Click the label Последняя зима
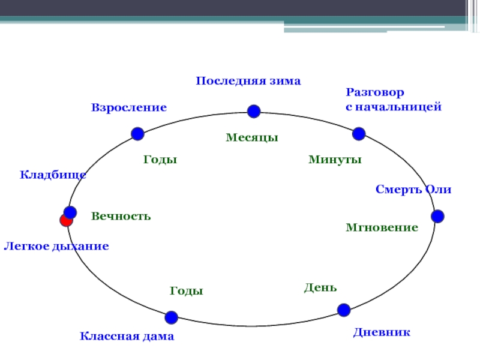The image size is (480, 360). pos(248,80)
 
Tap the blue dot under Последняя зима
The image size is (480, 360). pos(253,111)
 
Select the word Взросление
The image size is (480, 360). pos(128,107)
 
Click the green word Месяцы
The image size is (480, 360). pos(252,137)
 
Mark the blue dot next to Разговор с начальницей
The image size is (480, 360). pos(359,133)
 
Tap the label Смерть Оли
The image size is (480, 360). pos(413,190)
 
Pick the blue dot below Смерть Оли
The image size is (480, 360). pos(437,216)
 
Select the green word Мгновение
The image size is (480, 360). pos(382,228)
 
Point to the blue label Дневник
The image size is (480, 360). pos(382,331)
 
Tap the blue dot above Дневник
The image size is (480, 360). pos(344,310)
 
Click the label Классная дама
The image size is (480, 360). pos(127,337)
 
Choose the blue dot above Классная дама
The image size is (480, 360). pos(172,317)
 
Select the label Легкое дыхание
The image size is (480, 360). pos(56,246)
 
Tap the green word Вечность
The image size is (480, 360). pos(121,216)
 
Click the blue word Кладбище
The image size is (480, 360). pos(53,175)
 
